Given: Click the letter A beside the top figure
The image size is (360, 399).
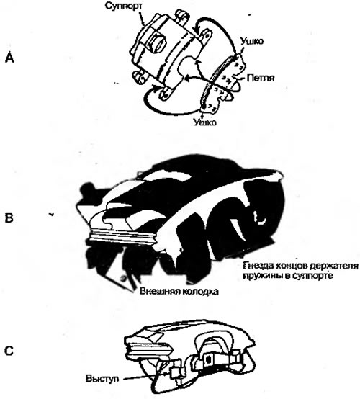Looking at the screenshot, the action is click(9, 58).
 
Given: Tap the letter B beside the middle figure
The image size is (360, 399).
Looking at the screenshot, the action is click(9, 218).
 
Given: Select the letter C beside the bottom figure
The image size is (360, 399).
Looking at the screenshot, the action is click(9, 351).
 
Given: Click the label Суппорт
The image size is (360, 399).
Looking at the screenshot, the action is click(124, 6).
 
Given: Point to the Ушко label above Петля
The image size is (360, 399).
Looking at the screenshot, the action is click(251, 42).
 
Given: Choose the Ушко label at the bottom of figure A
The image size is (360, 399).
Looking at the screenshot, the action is click(204, 122).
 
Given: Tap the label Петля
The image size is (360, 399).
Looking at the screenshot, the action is click(261, 78).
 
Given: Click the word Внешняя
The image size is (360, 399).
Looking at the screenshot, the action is click(157, 291).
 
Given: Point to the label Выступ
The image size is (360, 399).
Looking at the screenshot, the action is click(102, 378).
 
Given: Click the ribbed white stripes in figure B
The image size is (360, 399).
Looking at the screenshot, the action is click(122, 238).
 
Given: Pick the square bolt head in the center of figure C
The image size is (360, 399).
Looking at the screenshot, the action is click(209, 359).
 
